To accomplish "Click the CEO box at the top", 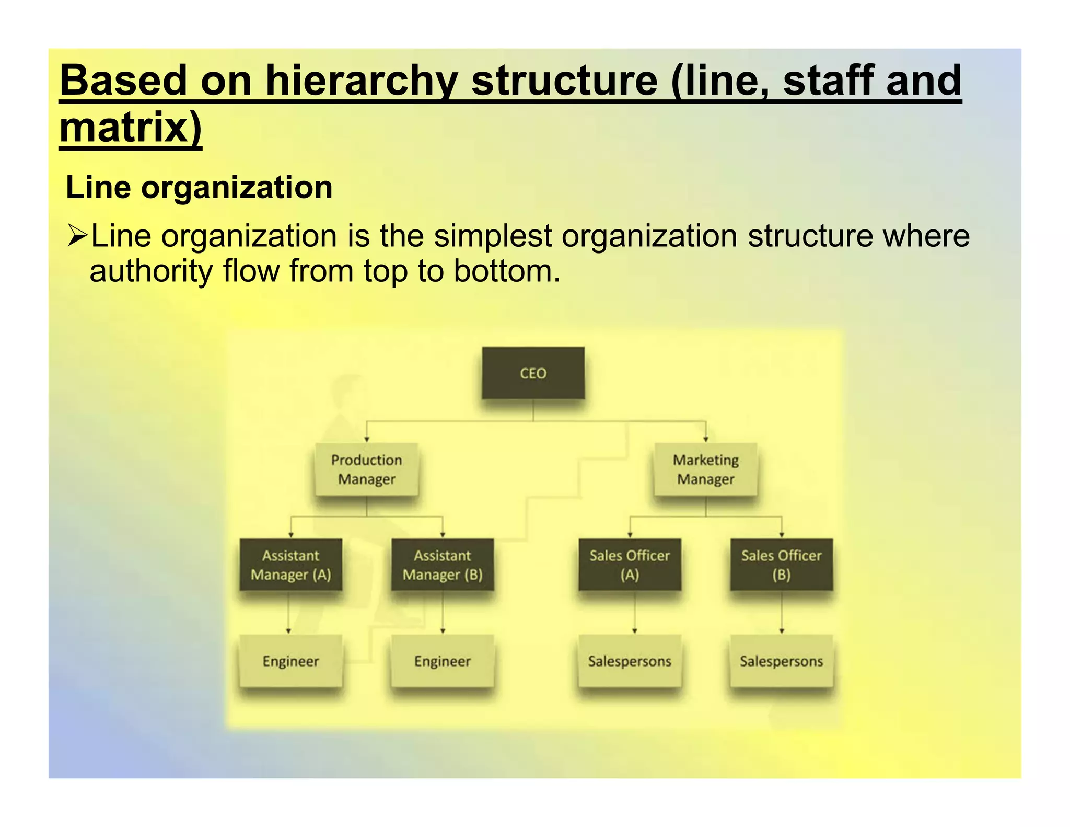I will (x=533, y=373).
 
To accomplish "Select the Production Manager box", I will (x=366, y=469).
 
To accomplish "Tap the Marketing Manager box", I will (x=705, y=469).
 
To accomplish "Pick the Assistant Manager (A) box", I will (x=290, y=565).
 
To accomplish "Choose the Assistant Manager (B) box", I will (x=443, y=565).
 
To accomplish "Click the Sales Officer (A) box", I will (x=630, y=565).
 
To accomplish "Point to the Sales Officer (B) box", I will (x=781, y=565).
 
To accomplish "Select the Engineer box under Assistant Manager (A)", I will (x=290, y=661).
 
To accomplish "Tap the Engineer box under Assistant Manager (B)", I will (x=443, y=661).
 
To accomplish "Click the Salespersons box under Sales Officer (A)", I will (x=630, y=661).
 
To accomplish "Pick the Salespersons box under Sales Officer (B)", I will (x=781, y=661).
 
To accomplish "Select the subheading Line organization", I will (x=199, y=187).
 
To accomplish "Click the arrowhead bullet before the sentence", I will (x=77, y=235).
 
